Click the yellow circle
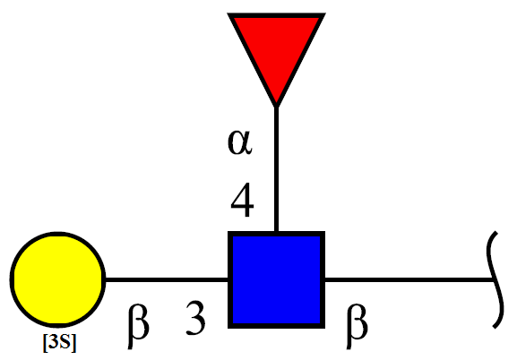58,280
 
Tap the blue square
276,280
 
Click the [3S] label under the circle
60,343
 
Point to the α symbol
240,141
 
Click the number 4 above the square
242,200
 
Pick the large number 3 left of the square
195,318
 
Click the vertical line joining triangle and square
276,169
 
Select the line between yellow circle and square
167,280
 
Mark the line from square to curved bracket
409,280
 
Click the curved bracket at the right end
495,280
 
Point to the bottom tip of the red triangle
276,107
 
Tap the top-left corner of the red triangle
228,14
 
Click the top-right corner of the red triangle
324,14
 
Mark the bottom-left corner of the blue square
228,328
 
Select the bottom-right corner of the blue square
324,328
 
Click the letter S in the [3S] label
65,342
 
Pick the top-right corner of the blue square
324,233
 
